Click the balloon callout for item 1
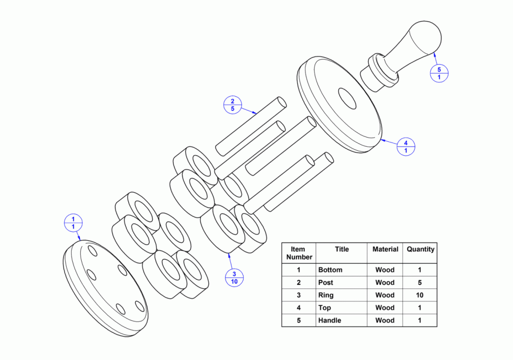coord(73,223)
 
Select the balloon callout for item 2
coord(232,105)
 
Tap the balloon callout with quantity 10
coord(234,277)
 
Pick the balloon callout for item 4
coord(406,147)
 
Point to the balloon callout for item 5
coord(439,73)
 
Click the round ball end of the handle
coord(425,37)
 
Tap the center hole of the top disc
coord(347,98)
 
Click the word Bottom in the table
coord(330,270)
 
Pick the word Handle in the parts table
coord(330,320)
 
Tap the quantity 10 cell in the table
coord(420,295)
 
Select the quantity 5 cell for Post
coord(420,282)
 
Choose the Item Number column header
coord(299,253)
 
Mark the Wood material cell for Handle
coord(385,320)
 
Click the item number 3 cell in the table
coord(299,295)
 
